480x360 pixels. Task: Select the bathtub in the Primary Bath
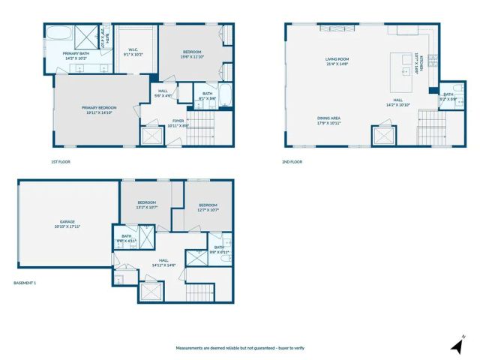[57, 34]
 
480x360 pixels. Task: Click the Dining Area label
[328, 121]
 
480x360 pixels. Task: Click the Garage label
[67, 223]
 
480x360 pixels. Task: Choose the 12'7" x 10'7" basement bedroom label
[208, 208]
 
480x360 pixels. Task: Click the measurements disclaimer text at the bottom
[239, 348]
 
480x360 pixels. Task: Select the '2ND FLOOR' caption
[292, 162]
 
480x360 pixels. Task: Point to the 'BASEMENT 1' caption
[25, 283]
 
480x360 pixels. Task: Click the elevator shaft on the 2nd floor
[384, 136]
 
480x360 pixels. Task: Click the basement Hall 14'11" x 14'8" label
[163, 262]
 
